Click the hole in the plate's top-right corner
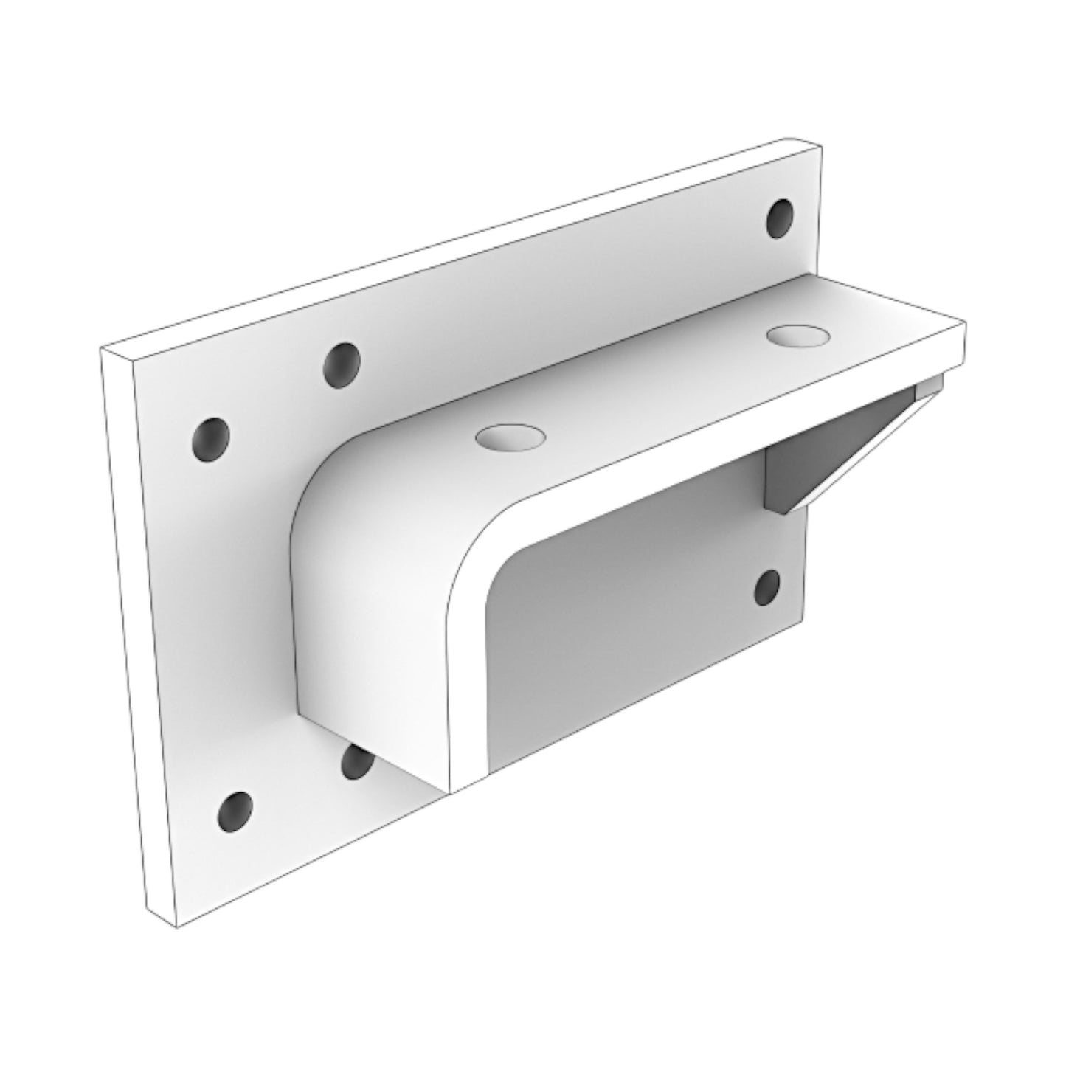(x=781, y=218)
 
